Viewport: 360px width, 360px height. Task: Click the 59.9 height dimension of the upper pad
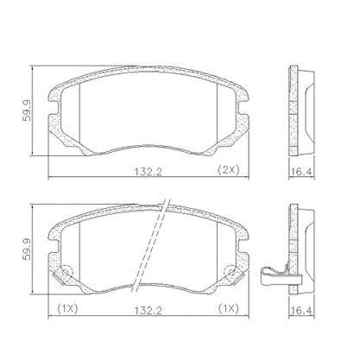coord(28,111)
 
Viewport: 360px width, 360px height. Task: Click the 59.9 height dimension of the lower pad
coord(28,249)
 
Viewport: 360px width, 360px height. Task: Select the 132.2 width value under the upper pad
coord(148,172)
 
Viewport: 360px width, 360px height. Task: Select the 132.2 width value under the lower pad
coord(148,311)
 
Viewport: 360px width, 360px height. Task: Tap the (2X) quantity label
coord(228,170)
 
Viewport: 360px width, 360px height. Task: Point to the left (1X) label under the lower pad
coord(67,309)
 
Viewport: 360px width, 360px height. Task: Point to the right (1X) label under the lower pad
coord(228,309)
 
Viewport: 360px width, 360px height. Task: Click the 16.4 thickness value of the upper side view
coord(301,172)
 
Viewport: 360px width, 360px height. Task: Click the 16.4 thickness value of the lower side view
coord(301,311)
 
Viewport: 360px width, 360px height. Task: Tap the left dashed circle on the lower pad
coord(67,271)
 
